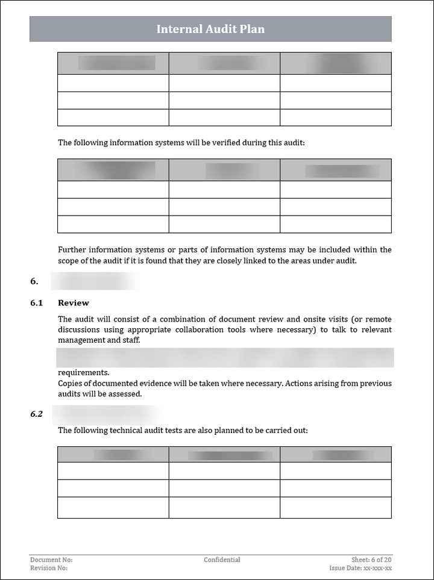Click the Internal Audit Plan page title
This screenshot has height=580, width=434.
pos(210,29)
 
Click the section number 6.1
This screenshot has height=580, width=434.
pos(36,303)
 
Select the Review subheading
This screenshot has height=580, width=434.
pos(73,303)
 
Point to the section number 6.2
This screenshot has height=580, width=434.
pos(36,414)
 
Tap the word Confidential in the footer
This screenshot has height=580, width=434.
pos(222,560)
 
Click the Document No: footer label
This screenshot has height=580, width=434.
pos(51,560)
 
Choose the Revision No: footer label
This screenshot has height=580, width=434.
pos(49,568)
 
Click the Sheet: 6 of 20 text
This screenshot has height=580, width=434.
pos(371,560)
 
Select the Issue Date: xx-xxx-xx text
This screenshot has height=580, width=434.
pos(360,568)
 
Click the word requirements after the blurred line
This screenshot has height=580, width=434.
pos(83,373)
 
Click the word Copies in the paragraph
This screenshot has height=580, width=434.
pos(71,384)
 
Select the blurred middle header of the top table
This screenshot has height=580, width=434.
pos(224,63)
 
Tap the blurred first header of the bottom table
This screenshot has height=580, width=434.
pos(113,455)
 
